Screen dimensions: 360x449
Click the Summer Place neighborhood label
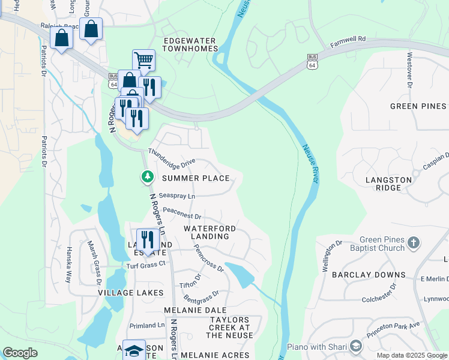tap(196, 178)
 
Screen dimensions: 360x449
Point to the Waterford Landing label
tap(209, 233)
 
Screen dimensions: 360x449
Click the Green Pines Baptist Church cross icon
tap(412, 242)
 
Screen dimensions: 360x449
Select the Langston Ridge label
tap(390, 184)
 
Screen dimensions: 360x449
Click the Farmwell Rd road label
tap(348, 41)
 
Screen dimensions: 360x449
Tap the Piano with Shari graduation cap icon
tap(356, 346)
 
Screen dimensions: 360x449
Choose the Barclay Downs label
tap(372, 275)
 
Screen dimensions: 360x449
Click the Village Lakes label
tap(131, 292)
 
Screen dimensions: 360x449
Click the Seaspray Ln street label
tap(177, 196)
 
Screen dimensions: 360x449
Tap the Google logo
tap(20, 353)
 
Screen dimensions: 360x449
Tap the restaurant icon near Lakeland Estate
tap(148, 239)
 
